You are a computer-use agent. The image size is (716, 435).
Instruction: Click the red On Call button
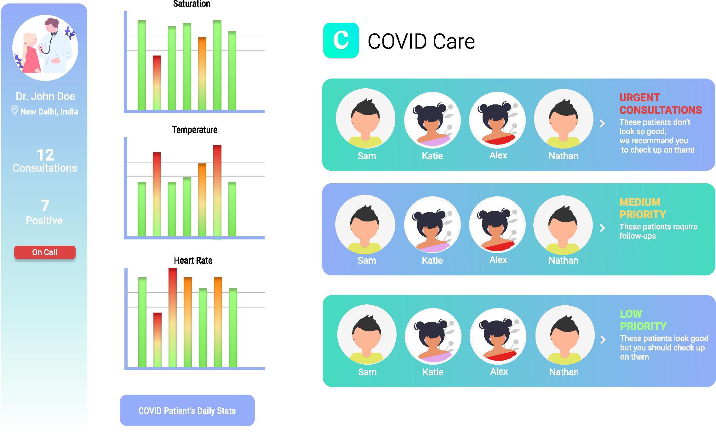[x=45, y=252]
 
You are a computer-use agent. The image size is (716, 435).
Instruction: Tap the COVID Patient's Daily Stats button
[x=187, y=410]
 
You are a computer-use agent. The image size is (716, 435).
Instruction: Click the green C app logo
[x=341, y=40]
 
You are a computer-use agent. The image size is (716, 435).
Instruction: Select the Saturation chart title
[x=192, y=4]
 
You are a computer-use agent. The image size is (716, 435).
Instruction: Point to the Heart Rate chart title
[x=193, y=260]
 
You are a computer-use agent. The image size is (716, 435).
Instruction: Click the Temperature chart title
[x=195, y=130]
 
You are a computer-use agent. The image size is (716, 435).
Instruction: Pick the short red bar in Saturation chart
[x=157, y=83]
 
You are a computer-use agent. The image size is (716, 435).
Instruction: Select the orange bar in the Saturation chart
[x=202, y=73]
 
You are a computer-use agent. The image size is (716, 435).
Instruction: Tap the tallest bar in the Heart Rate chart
[x=173, y=317]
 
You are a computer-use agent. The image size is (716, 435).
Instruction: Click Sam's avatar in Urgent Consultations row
[x=365, y=118]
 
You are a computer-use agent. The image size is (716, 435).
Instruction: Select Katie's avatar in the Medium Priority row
[x=432, y=225]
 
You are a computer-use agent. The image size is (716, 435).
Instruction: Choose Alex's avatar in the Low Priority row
[x=498, y=336]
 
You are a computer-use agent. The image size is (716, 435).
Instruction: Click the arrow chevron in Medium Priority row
[x=602, y=228]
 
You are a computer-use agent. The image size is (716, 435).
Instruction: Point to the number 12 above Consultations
[x=45, y=155]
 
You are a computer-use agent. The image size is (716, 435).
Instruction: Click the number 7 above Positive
[x=45, y=205]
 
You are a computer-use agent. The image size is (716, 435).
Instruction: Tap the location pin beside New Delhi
[x=14, y=110]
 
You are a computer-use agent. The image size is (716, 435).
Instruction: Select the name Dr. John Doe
[x=45, y=96]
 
